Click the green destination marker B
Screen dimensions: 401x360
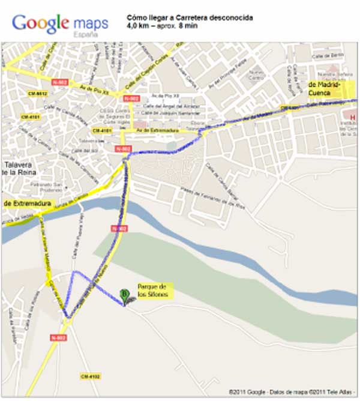[124, 294]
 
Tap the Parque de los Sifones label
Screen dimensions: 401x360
[154, 291]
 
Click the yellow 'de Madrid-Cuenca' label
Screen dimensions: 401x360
[324, 89]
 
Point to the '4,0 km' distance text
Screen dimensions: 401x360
[137, 26]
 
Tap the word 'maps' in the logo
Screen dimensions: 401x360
[91, 23]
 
